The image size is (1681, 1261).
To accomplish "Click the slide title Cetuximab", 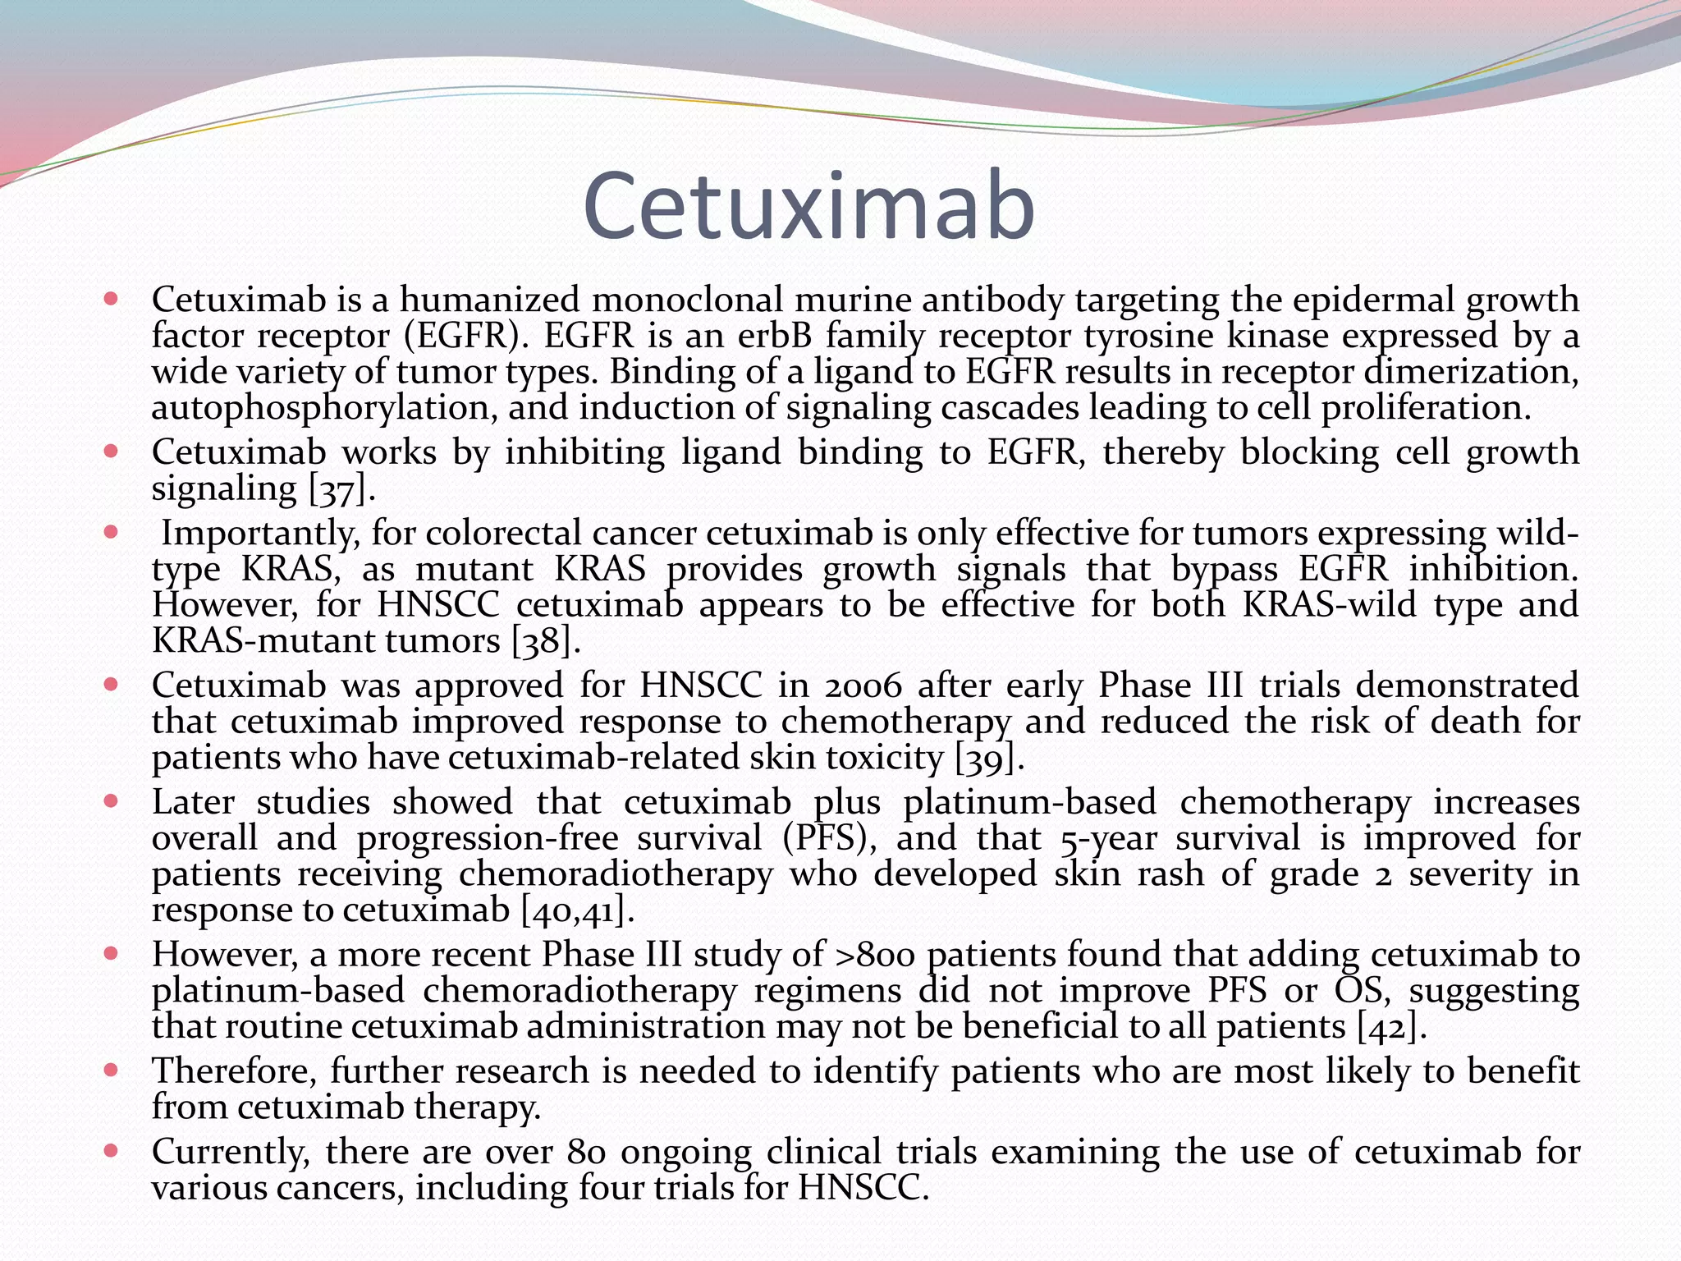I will coord(808,206).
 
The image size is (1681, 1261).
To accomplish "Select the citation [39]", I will coord(990,758).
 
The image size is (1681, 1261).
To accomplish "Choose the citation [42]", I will coord(1392,1027).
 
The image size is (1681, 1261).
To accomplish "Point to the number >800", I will coord(874,955).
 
